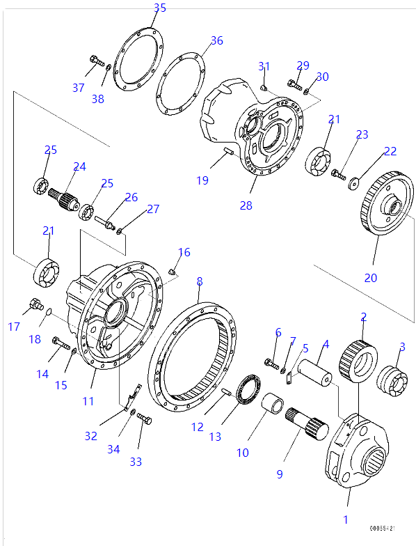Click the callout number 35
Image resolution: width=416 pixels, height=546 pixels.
click(x=160, y=8)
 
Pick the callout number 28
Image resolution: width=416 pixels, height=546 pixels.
click(x=247, y=206)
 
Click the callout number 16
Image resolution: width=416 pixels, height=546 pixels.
click(x=184, y=252)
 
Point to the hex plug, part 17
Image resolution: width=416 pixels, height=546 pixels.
click(x=33, y=304)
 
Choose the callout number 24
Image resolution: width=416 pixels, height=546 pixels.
click(x=79, y=166)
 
